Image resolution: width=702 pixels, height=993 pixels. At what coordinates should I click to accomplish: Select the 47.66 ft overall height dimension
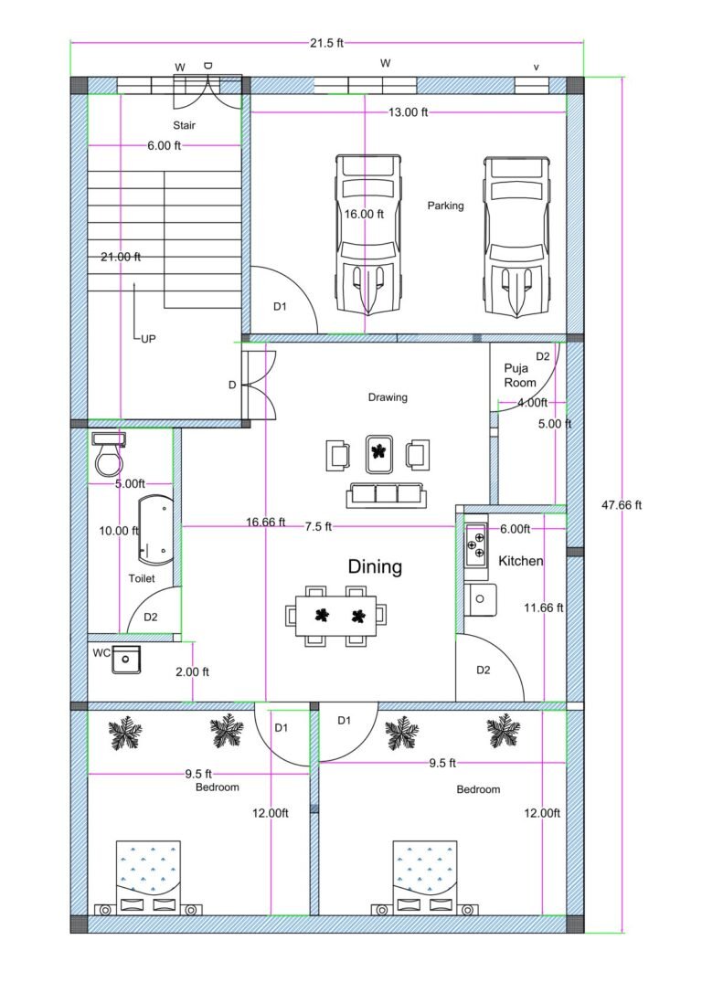[621, 504]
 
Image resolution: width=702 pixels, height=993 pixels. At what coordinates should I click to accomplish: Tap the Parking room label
[445, 206]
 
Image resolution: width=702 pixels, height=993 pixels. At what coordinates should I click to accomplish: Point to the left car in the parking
[368, 233]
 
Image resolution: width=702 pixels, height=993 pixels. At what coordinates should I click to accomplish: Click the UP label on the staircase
[147, 338]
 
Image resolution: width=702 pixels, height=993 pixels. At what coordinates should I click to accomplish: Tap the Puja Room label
[520, 375]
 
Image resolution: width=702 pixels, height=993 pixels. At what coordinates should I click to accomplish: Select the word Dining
[375, 566]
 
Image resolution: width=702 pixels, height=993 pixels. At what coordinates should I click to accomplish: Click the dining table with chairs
[335, 615]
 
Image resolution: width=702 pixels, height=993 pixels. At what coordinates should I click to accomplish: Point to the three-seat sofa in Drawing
[384, 494]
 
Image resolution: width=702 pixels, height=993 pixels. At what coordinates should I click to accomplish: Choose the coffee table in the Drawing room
[378, 451]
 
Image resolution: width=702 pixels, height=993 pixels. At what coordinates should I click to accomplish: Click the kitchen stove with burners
[475, 546]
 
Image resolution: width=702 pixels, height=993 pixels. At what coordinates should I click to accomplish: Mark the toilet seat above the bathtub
[109, 454]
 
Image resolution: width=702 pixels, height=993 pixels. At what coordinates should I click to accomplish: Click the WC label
[101, 653]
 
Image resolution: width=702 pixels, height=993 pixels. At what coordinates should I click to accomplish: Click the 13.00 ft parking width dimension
[407, 112]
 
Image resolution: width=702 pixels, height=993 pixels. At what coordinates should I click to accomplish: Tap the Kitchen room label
[521, 561]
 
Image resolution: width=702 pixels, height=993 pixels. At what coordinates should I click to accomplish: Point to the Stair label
[184, 125]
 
